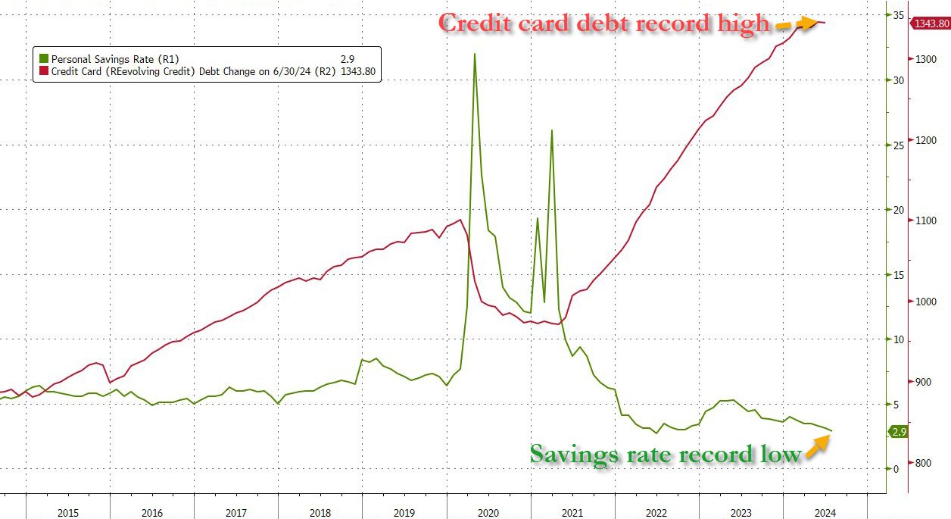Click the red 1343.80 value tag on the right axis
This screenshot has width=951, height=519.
click(931, 23)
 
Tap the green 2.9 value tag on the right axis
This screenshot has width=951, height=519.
click(899, 432)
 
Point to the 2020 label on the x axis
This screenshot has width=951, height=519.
click(489, 512)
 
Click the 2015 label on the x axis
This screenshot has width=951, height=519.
click(68, 512)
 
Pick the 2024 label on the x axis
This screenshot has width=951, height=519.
click(825, 512)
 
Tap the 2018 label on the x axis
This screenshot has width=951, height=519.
click(321, 512)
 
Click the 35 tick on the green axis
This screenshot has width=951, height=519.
click(899, 15)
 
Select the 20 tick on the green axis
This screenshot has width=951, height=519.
click(899, 210)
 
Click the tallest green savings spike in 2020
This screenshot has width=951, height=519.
click(474, 55)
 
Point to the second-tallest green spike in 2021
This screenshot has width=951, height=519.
click(551, 130)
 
